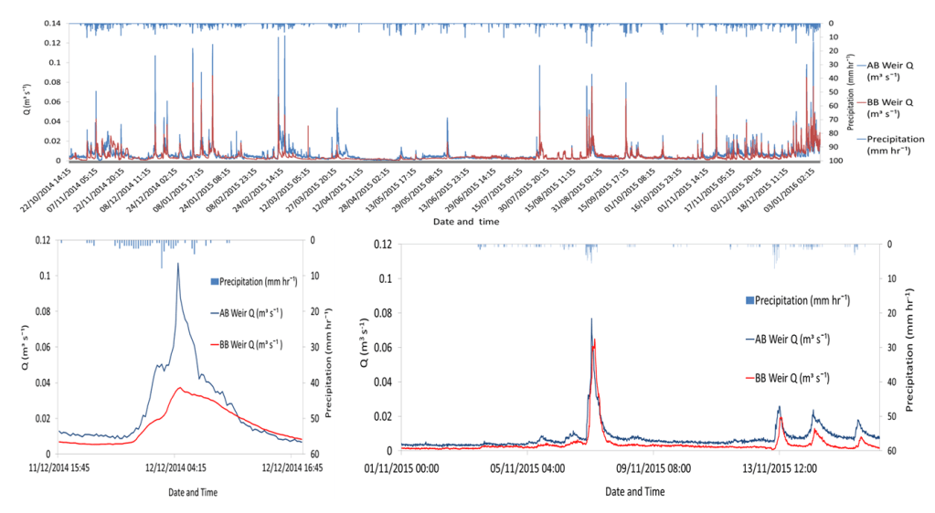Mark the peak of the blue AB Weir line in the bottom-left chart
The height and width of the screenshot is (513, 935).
[x=177, y=264]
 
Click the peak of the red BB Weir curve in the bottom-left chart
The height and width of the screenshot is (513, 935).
[x=181, y=389]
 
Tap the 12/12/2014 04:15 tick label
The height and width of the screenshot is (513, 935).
[x=176, y=471]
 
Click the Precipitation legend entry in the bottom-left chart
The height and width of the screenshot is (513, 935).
[x=253, y=281]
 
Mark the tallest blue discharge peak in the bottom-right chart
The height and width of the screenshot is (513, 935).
[x=591, y=319]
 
